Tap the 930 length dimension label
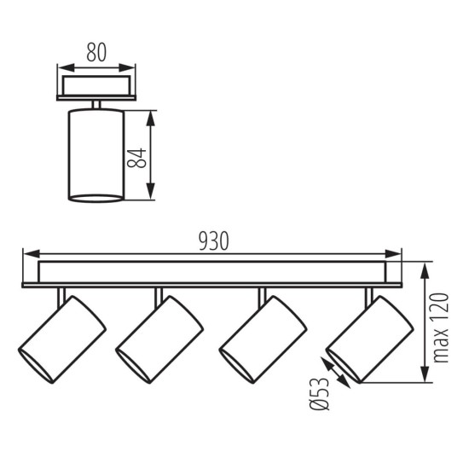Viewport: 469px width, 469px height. point(213,241)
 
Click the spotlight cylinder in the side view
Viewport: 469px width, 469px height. point(92,156)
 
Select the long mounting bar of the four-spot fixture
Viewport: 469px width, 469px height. point(213,274)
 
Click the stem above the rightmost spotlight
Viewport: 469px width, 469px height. point(369,293)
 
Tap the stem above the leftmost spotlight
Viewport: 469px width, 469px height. point(59,293)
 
